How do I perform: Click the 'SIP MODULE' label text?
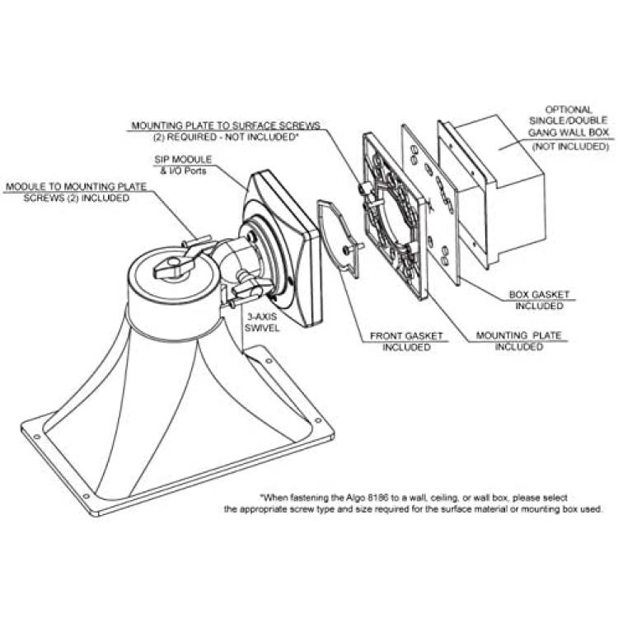point(183,160)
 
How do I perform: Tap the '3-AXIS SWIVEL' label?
point(262,322)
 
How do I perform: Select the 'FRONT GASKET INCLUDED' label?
point(406,341)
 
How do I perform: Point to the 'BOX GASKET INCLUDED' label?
point(539,300)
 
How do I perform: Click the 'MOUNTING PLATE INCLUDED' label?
point(518,341)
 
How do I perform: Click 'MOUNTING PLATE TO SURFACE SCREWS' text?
point(226,126)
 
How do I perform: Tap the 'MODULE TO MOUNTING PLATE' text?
point(76,186)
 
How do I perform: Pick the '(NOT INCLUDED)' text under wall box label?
point(570,147)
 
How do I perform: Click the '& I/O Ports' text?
point(183,171)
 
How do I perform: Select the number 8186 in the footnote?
point(377,498)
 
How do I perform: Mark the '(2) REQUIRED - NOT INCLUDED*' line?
point(225,137)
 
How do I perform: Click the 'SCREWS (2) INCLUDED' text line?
point(76,198)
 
